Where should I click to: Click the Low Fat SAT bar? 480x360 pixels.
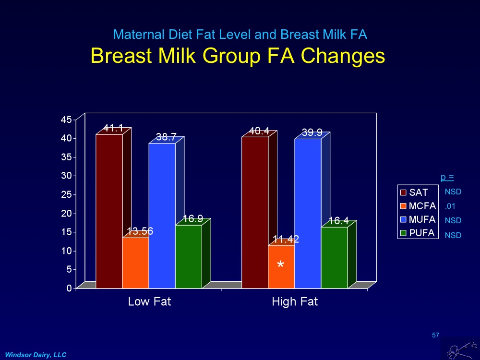click(109, 211)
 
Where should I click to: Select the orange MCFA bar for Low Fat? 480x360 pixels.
click(135, 263)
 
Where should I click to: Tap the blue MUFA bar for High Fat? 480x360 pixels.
click(308, 214)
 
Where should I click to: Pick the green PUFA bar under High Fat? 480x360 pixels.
click(334, 258)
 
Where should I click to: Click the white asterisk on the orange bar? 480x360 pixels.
click(281, 265)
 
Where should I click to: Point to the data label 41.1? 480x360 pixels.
click(113, 128)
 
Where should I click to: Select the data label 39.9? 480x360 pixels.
click(312, 132)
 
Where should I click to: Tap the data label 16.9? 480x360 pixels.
click(192, 219)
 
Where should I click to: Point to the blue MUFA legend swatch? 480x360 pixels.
click(404, 220)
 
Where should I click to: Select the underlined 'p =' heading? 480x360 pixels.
click(447, 178)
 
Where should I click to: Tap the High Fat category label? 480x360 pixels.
click(295, 302)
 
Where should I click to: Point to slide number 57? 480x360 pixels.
click(435, 335)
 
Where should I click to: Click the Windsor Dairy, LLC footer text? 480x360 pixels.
click(36, 354)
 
